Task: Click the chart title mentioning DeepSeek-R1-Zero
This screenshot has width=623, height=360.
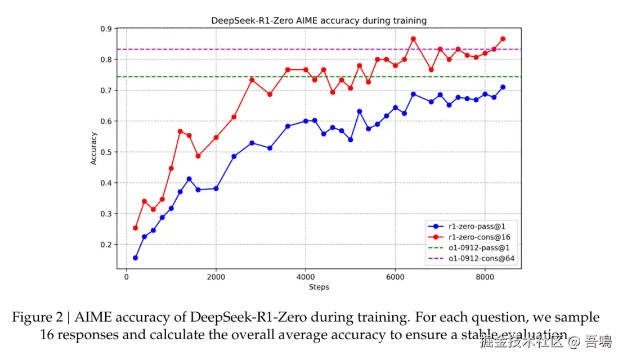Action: click(319, 21)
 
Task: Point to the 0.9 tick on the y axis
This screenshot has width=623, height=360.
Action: click(106, 29)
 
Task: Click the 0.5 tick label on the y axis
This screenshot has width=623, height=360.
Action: click(106, 152)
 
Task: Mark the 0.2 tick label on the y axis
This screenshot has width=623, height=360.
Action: click(106, 245)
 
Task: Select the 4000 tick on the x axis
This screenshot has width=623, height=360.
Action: click(306, 277)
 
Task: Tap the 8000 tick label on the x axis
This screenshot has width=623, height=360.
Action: click(485, 277)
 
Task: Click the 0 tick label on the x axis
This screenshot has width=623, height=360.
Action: click(126, 277)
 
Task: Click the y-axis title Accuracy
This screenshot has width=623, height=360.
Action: click(94, 148)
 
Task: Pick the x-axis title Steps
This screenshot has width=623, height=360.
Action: click(319, 287)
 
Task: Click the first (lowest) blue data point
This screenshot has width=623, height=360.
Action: click(135, 258)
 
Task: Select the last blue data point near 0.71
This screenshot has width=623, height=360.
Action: click(503, 87)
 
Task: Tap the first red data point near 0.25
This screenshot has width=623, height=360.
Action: click(135, 228)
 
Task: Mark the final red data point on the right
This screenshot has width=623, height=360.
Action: click(503, 39)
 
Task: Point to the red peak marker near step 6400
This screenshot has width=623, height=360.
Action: click(413, 39)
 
